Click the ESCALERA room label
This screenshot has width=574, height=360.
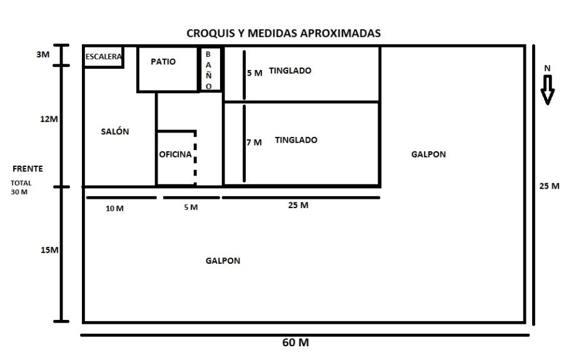[x=104, y=57]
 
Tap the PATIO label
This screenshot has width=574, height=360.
[x=163, y=61]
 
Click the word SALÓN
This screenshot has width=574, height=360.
[x=115, y=131]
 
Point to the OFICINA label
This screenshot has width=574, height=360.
[x=175, y=154]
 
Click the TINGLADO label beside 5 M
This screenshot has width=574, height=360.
[x=290, y=71]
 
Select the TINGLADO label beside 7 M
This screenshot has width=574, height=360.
[x=296, y=140]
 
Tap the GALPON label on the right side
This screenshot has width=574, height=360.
[x=428, y=154]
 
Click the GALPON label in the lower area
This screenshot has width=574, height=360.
[x=223, y=261]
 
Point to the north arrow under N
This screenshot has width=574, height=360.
[x=548, y=90]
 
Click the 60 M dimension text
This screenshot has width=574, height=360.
[x=296, y=342]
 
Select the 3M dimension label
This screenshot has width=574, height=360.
[x=43, y=54]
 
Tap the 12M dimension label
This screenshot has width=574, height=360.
[x=49, y=119]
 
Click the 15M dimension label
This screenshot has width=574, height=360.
[x=49, y=250]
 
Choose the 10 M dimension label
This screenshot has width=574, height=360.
[x=114, y=208]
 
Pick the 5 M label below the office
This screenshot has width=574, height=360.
[x=191, y=207]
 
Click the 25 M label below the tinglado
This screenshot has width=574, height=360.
[x=298, y=205]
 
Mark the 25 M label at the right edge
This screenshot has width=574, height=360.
[x=549, y=186]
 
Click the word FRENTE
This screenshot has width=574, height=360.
[x=28, y=169]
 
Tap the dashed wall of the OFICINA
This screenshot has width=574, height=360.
[x=195, y=158]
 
